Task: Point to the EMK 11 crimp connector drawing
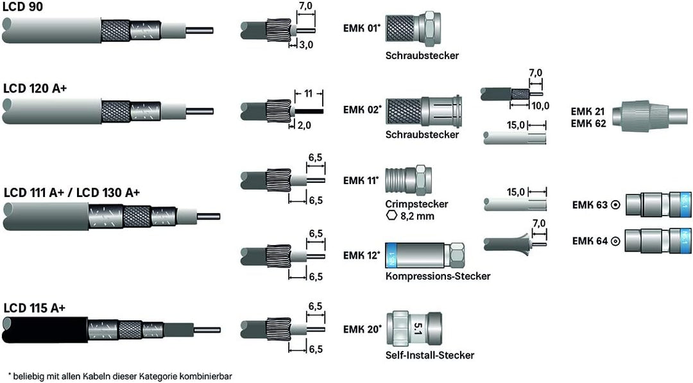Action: (x=411, y=178)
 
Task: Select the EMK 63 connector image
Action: (x=658, y=205)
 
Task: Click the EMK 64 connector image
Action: (x=658, y=241)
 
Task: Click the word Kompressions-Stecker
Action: (x=438, y=277)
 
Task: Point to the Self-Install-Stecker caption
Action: (x=430, y=355)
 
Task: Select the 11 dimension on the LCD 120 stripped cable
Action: (x=308, y=94)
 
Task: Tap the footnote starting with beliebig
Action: (x=119, y=376)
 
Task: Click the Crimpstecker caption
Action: (x=416, y=204)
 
